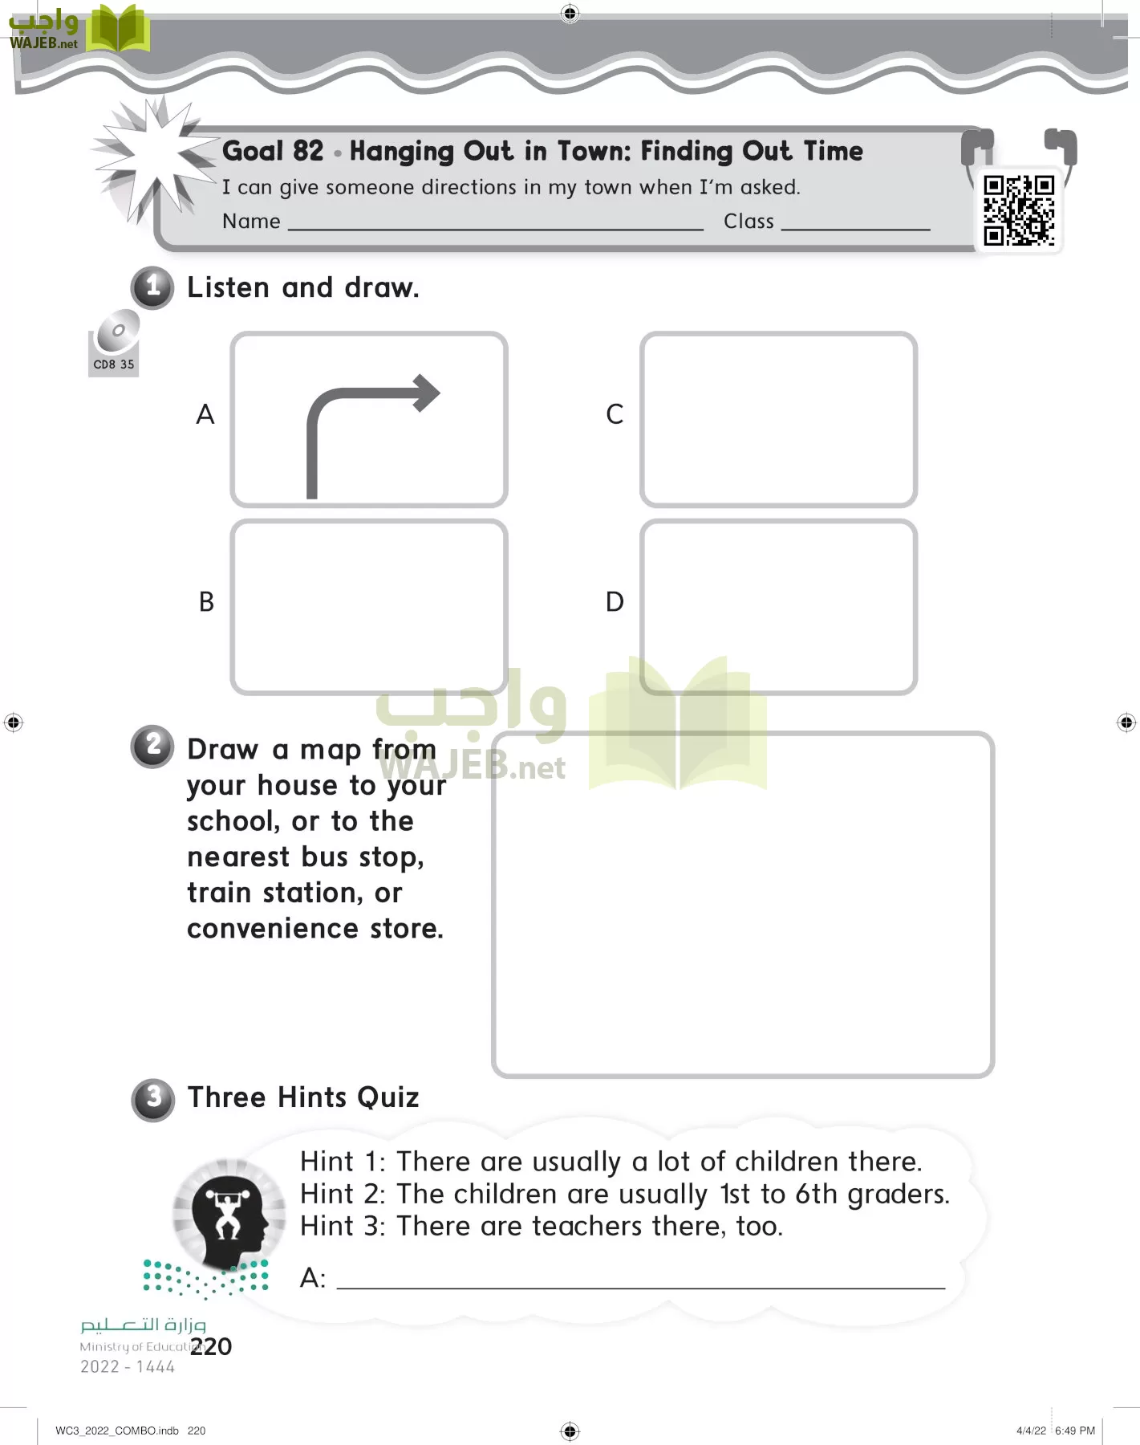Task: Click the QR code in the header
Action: [x=1019, y=210]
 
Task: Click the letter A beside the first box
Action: [x=205, y=414]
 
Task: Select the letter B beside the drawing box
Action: [x=206, y=601]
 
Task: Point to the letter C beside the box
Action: [x=615, y=414]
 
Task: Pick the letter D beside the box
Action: [x=615, y=601]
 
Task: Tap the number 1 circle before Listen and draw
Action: [x=152, y=287]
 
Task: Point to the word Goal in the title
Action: [x=251, y=151]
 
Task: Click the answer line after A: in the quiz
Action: [x=640, y=1285]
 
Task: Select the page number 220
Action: [x=212, y=1346]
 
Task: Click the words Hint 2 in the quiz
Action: [x=342, y=1195]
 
